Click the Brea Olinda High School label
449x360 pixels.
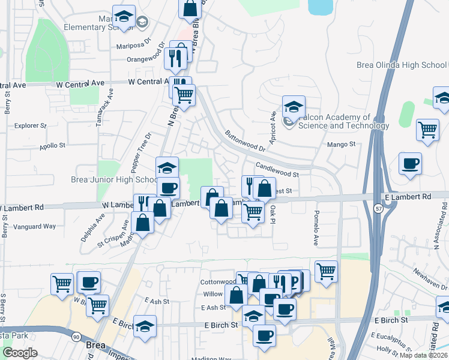tap(402, 65)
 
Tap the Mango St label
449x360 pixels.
tap(342, 144)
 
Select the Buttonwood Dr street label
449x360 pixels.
tap(244, 140)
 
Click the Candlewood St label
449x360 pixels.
tap(277, 169)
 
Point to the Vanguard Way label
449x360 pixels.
tap(38, 226)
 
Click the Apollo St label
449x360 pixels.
tap(52, 145)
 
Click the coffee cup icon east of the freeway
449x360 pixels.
tap(410, 164)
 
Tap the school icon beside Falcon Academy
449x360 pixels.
tap(294, 107)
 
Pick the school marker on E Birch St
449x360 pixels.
tap(145, 326)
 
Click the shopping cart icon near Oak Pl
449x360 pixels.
tap(253, 211)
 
